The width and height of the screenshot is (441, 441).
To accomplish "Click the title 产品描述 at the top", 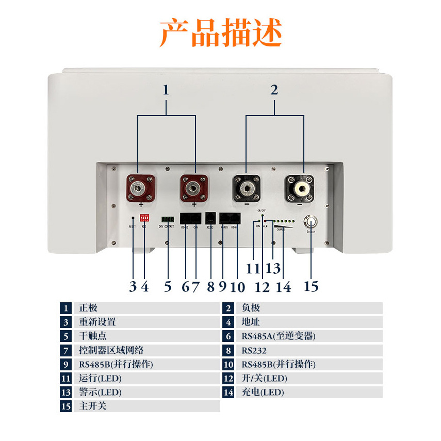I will [x=221, y=34].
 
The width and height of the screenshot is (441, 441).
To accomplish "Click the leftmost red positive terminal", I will [x=141, y=188].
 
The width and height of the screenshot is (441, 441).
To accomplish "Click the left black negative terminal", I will [x=247, y=189].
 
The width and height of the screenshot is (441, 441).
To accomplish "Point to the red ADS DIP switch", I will [x=144, y=218].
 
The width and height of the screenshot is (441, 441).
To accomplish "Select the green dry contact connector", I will [x=168, y=219].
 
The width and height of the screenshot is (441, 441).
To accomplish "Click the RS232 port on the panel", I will [x=210, y=218].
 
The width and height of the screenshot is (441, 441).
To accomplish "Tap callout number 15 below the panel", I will [x=311, y=286].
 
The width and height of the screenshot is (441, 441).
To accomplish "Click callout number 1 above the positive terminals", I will [x=166, y=90].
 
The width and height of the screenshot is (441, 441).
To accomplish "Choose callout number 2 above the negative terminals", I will [x=274, y=90].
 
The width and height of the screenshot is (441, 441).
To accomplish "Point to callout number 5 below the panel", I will [x=168, y=286].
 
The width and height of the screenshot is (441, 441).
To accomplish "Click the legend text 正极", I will [x=88, y=308].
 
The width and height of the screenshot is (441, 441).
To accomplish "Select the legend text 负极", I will [x=251, y=308].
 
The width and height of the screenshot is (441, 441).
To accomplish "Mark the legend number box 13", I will [x=66, y=392].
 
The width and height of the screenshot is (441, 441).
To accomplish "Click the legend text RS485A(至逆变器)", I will [x=278, y=336].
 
